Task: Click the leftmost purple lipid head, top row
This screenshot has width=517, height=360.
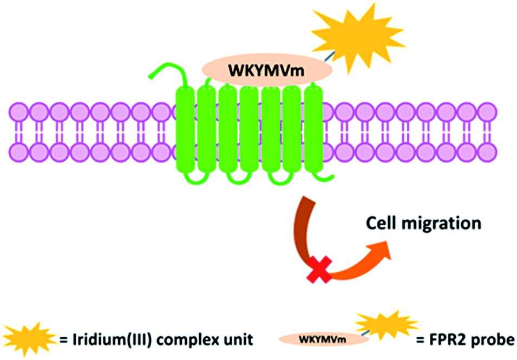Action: (18, 112)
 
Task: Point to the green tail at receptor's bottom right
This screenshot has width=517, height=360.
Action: (325, 177)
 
